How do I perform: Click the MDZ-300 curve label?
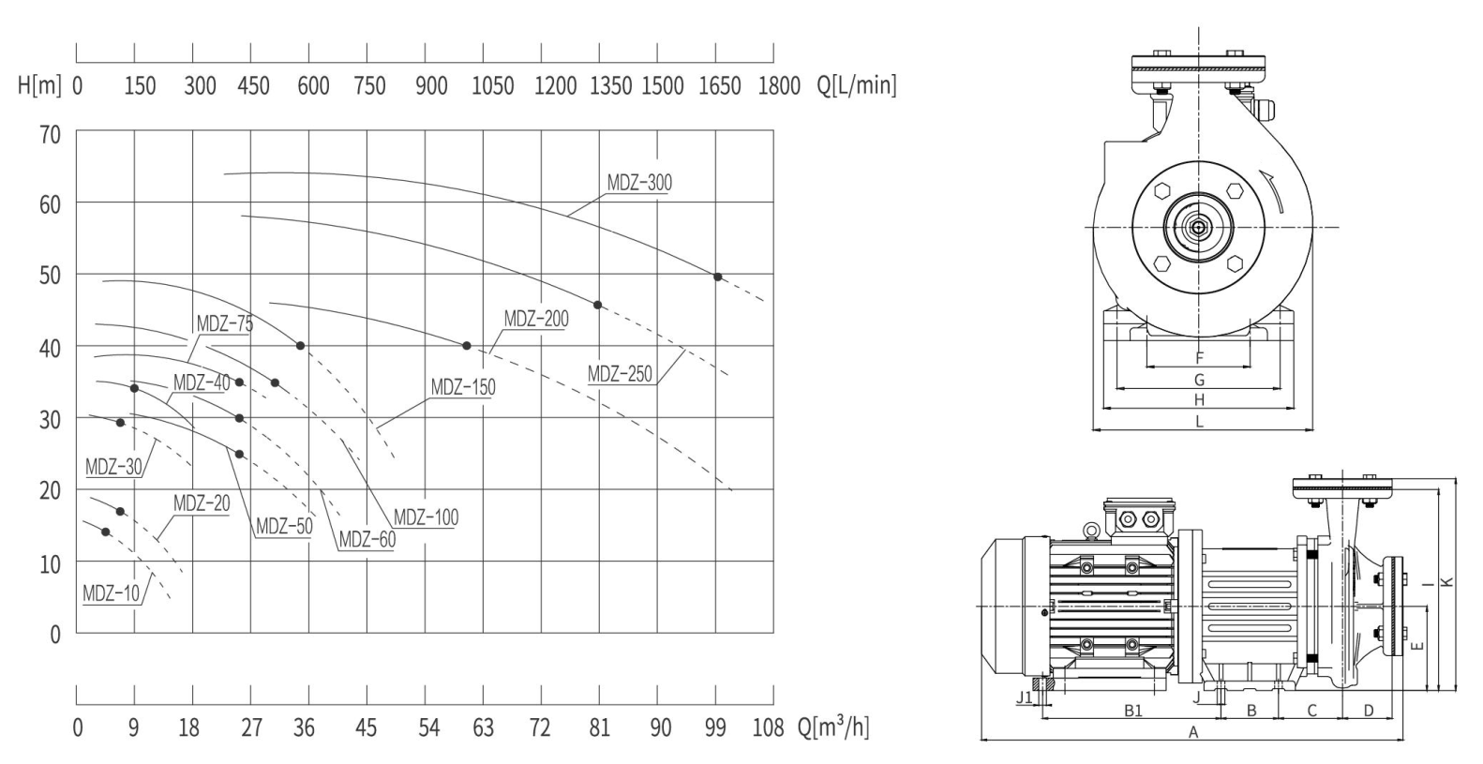639,183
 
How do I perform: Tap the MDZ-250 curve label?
620,374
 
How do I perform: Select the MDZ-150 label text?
463,386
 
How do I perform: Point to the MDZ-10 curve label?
112,593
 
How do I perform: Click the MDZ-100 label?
426,517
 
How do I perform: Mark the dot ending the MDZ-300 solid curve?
718,277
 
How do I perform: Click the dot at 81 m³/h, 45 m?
597,306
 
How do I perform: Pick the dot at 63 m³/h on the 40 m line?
467,346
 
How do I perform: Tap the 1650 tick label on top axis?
720,86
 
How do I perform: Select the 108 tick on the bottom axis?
768,728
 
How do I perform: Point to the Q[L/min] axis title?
857,85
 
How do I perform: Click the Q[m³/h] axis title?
833,727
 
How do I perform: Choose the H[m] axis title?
39,85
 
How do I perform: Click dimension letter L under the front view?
1199,422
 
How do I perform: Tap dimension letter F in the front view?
1199,358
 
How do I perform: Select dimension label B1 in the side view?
1133,712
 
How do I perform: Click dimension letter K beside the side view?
1448,581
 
